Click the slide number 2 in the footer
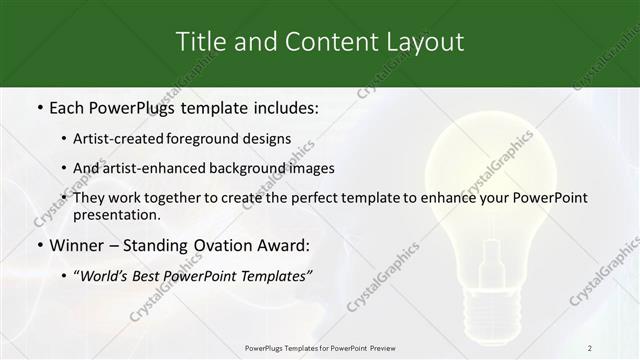[x=589, y=348]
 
